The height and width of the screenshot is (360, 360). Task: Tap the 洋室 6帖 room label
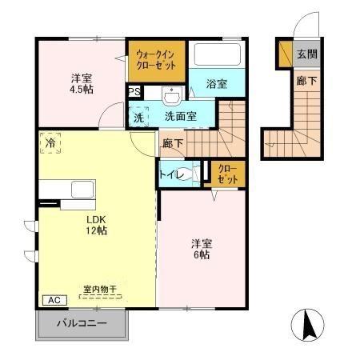(200, 249)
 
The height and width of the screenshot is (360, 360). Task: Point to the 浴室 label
(216, 84)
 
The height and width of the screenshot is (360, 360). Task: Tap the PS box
(135, 92)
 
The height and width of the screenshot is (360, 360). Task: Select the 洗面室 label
(180, 117)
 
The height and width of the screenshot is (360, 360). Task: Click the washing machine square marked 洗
(139, 117)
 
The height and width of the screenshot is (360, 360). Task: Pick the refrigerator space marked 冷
(50, 145)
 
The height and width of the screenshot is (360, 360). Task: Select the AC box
(55, 300)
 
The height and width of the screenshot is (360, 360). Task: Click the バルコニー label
(82, 325)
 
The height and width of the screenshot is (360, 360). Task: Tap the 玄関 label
(306, 55)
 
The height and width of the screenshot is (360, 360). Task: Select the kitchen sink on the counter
(84, 190)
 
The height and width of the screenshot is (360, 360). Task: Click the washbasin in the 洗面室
(172, 97)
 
